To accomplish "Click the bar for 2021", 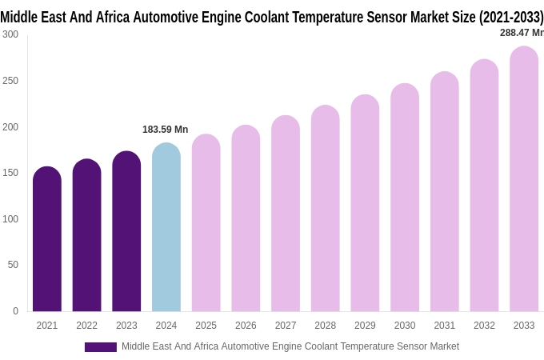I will pyautogui.click(x=47, y=240).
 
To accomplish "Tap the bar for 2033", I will pyautogui.click(x=524, y=180).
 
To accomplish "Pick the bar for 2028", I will pyautogui.click(x=326, y=210).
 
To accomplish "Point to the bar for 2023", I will pyautogui.click(x=126, y=232).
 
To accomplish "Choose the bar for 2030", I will pyautogui.click(x=405, y=198).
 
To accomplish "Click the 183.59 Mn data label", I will pyautogui.click(x=165, y=130).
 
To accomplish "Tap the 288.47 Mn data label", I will pyautogui.click(x=521, y=33).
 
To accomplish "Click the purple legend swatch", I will pyautogui.click(x=101, y=347).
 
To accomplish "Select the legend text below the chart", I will pyautogui.click(x=290, y=346).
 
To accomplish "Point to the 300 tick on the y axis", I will pyautogui.click(x=10, y=34).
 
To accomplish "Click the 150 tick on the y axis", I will pyautogui.click(x=10, y=173).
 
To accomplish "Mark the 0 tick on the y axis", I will pyautogui.click(x=15, y=311).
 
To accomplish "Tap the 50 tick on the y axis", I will pyautogui.click(x=13, y=265).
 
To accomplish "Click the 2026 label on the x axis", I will pyautogui.click(x=246, y=326).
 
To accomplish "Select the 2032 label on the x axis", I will pyautogui.click(x=484, y=326).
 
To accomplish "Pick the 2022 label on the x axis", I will pyautogui.click(x=86, y=326).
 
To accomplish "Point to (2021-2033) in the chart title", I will pyautogui.click(x=510, y=17).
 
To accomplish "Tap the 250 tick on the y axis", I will pyautogui.click(x=10, y=81).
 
